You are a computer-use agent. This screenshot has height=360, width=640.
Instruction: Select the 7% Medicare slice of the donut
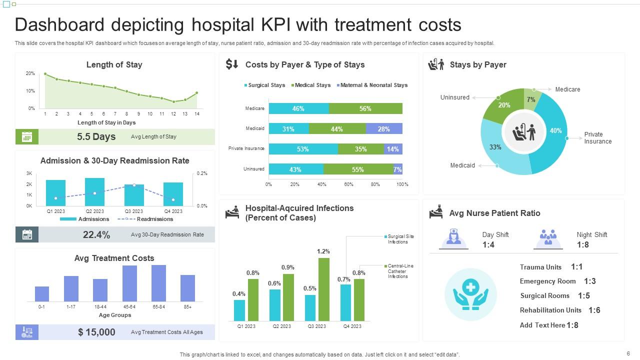click(531, 98)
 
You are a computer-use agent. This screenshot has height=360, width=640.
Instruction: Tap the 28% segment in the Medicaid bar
click(383, 129)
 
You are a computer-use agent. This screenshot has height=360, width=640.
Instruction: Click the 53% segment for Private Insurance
click(303, 149)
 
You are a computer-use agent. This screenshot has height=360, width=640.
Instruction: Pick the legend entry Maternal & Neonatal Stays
click(373, 85)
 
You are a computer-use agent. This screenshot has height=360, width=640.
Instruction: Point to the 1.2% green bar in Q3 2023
click(324, 289)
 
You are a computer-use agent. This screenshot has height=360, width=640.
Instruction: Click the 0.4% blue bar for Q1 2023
click(239, 310)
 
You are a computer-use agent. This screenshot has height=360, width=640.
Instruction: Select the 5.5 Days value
click(96, 136)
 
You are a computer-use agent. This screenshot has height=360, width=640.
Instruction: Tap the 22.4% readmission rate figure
click(96, 234)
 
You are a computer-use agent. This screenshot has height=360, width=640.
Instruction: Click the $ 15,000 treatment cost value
click(96, 332)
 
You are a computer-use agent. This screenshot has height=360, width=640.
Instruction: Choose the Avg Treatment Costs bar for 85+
click(187, 288)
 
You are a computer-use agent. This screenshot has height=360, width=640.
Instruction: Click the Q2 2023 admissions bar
click(94, 192)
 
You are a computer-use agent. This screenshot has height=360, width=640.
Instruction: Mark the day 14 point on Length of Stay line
click(197, 92)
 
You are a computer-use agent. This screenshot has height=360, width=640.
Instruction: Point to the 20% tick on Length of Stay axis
click(30, 73)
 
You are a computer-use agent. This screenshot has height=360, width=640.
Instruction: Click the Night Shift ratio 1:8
click(582, 244)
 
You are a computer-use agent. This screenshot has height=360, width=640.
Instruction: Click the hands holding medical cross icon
click(470, 294)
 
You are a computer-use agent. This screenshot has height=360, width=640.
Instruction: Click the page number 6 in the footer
click(628, 353)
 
